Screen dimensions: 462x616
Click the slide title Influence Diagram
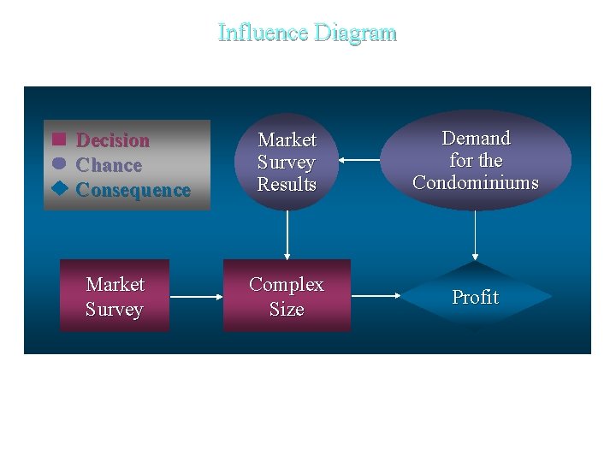307,33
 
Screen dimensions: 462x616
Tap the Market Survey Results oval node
287,162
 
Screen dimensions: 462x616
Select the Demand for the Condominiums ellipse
475,160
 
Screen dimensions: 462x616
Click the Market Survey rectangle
115,296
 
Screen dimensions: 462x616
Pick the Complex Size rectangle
287,296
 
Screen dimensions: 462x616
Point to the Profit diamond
476,297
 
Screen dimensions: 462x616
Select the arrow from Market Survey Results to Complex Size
287,234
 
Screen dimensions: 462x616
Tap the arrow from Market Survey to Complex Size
196,297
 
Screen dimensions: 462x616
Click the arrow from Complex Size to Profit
376,297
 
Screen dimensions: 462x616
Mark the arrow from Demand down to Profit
475,234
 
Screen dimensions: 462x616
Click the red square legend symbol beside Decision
59,139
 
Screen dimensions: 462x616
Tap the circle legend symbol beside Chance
59,163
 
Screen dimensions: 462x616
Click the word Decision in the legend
113,140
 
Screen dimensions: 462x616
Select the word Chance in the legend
109,165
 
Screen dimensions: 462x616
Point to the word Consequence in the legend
133,190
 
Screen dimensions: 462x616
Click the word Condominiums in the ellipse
475,182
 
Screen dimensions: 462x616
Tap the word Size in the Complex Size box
287,309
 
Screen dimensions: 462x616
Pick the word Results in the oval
287,184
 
